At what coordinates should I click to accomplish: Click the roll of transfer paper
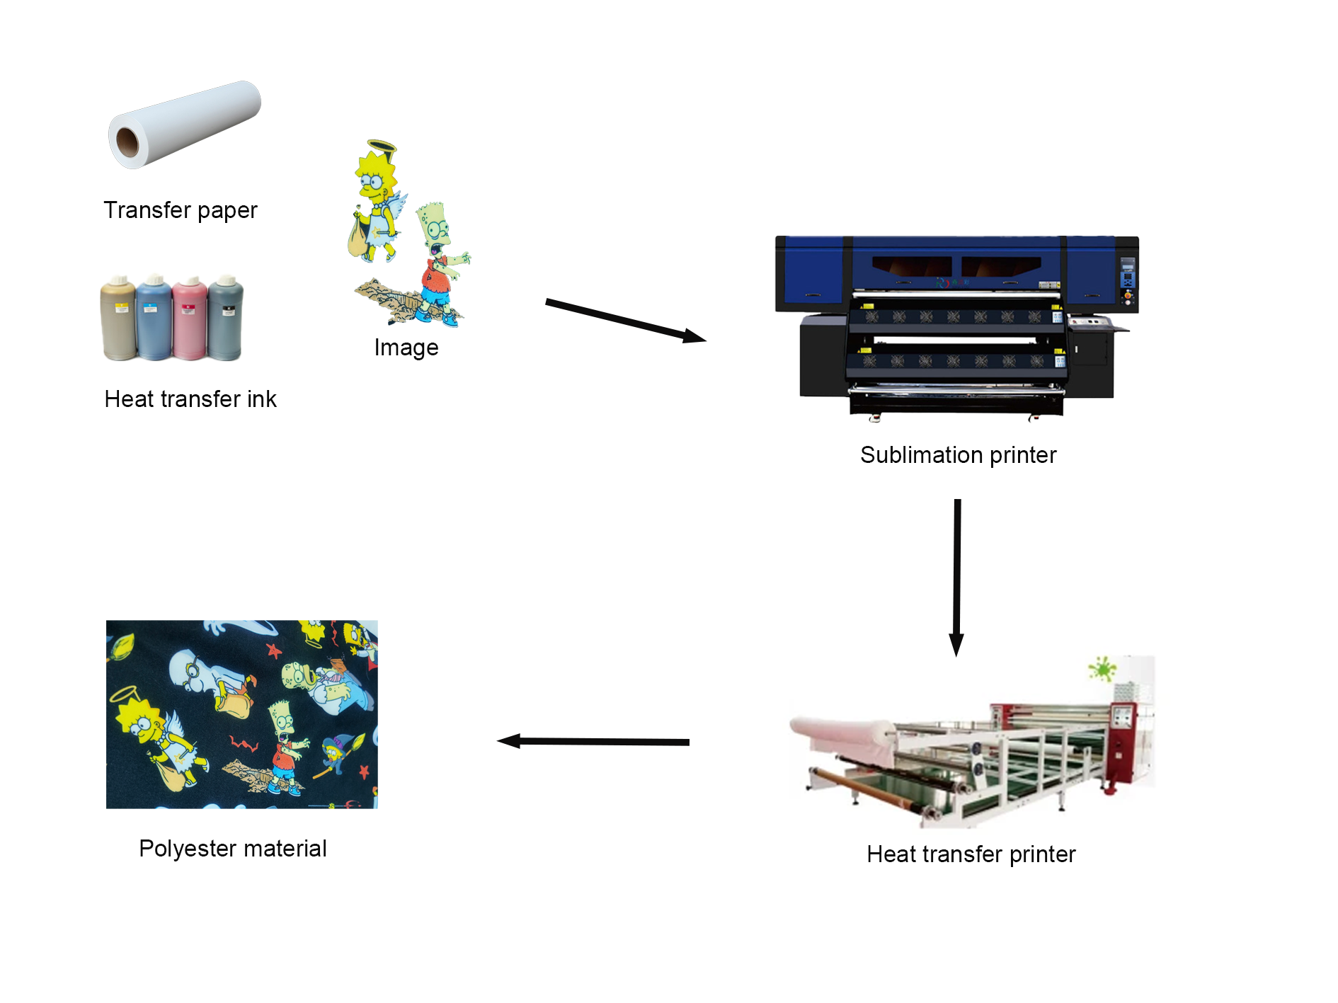(x=184, y=125)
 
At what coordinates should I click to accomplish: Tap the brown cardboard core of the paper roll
(x=128, y=142)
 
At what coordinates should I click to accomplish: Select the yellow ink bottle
(x=118, y=319)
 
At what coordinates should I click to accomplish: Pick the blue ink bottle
(x=154, y=318)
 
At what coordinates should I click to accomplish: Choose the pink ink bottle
(x=190, y=319)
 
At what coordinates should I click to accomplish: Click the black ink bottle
(x=225, y=319)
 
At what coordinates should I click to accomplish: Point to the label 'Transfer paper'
(x=181, y=210)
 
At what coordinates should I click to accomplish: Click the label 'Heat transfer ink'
(x=190, y=399)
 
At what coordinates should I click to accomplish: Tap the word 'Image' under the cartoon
(x=406, y=348)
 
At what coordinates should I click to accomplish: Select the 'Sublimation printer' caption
(x=959, y=455)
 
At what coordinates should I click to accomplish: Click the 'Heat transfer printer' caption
(x=971, y=854)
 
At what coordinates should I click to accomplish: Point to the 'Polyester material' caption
(x=233, y=849)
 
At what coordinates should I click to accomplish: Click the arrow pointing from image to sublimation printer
(x=626, y=321)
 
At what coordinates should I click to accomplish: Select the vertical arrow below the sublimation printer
(x=957, y=578)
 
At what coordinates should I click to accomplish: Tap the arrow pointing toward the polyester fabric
(x=593, y=742)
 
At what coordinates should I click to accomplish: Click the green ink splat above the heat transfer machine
(x=1102, y=668)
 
